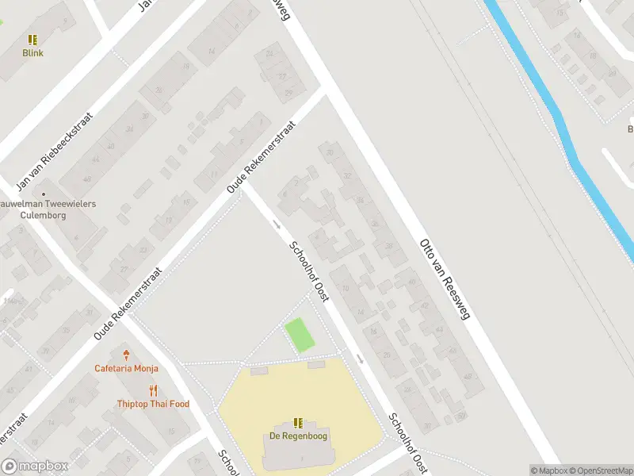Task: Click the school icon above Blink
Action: pyautogui.click(x=32, y=39)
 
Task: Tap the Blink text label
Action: pyautogui.click(x=32, y=53)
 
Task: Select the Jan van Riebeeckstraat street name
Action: pyautogui.click(x=55, y=151)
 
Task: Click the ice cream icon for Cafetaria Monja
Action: pyautogui.click(x=126, y=355)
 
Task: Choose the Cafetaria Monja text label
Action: pyautogui.click(x=126, y=368)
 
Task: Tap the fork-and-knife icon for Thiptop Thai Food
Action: pyautogui.click(x=153, y=390)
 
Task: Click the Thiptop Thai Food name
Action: pyautogui.click(x=153, y=404)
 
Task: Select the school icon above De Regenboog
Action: pyautogui.click(x=298, y=423)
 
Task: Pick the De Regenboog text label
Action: pyautogui.click(x=298, y=436)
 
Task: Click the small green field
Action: pyautogui.click(x=300, y=335)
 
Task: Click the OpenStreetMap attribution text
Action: pyautogui.click(x=600, y=470)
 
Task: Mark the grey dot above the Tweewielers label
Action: pyautogui.click(x=44, y=193)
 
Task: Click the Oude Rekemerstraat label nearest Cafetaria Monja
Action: pyautogui.click(x=128, y=304)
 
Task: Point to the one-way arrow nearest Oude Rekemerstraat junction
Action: pyautogui.click(x=276, y=224)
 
